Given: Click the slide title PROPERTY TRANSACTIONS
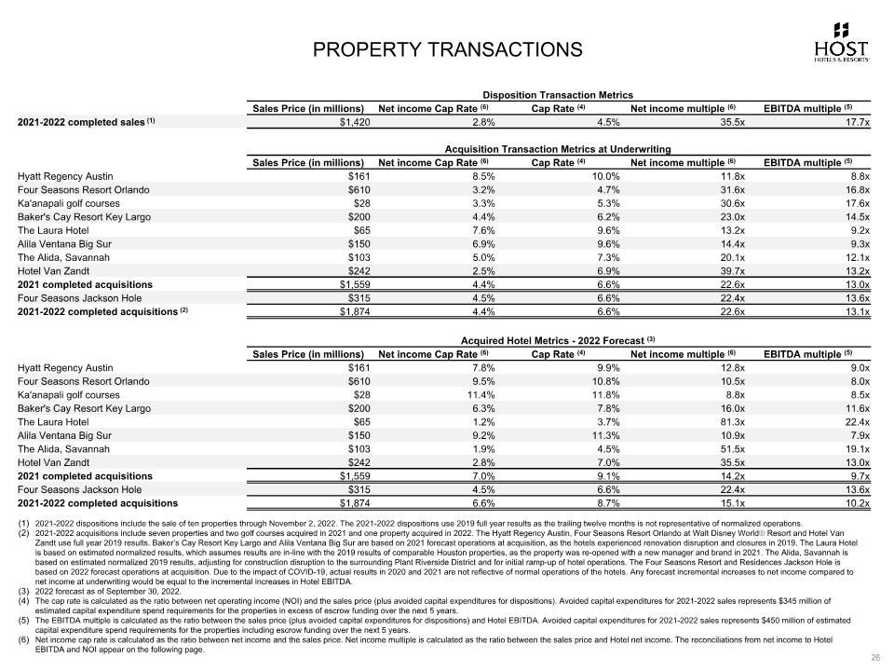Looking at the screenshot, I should tap(447, 48).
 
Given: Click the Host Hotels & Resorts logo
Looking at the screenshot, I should tap(841, 43).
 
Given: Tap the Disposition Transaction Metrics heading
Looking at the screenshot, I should tap(558, 95).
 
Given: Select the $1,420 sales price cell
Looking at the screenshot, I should tap(354, 122).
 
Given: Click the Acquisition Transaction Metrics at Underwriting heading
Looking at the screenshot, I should tap(558, 149).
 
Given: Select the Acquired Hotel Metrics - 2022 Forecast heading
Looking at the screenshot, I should tap(558, 340).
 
